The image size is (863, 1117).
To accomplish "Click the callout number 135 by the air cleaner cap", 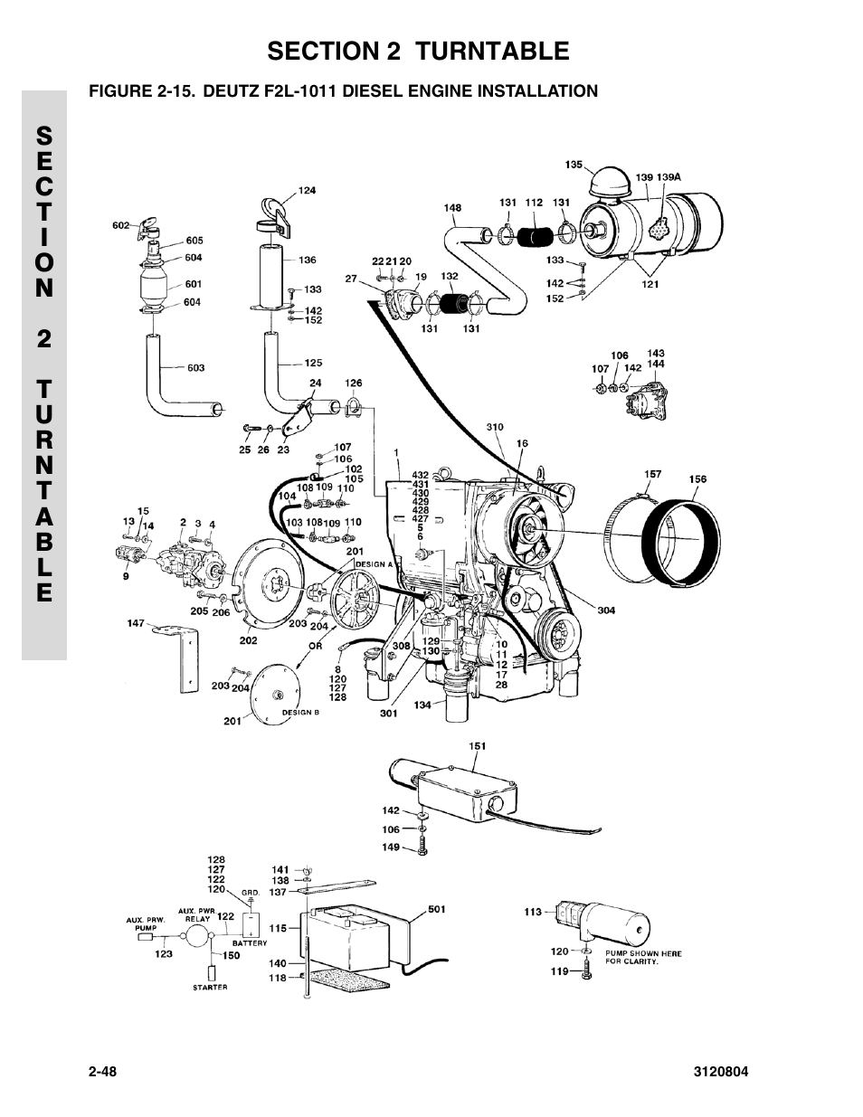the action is (x=574, y=165).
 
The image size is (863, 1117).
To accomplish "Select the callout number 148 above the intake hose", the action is (x=453, y=208).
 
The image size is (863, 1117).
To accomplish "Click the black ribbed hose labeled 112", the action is (x=535, y=237).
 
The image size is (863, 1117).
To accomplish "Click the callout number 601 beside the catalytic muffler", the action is (x=194, y=284).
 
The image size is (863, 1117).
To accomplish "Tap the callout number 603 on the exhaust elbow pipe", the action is (x=195, y=367).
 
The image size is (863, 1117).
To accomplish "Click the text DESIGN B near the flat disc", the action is (x=300, y=713).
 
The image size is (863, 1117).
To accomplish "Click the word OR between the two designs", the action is (x=315, y=646).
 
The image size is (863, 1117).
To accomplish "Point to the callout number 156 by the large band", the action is (x=697, y=479).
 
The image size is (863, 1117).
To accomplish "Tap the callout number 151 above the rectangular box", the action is (x=477, y=746).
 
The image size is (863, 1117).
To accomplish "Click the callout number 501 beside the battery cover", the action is (x=436, y=909).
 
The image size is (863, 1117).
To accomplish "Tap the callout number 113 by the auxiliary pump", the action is (x=533, y=912).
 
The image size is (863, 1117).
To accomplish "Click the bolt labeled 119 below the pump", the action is (x=586, y=972).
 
